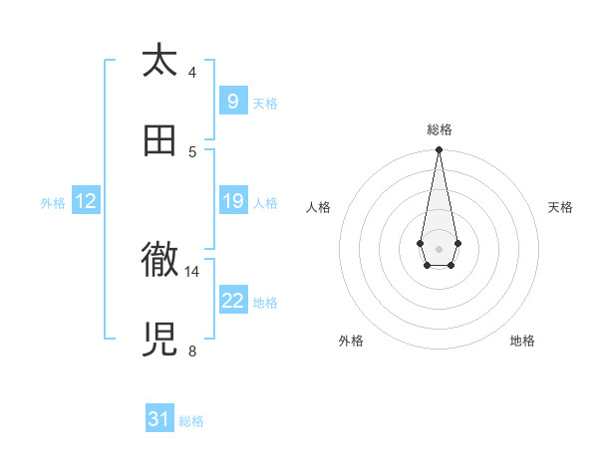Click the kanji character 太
pyautogui.click(x=159, y=61)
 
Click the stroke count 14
pyautogui.click(x=192, y=271)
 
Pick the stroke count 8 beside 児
pyautogui.click(x=192, y=351)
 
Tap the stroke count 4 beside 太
pyautogui.click(x=192, y=72)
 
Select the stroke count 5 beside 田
pyautogui.click(x=192, y=151)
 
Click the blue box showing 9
pyautogui.click(x=232, y=102)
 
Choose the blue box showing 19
pyautogui.click(x=232, y=201)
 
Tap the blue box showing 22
pyautogui.click(x=232, y=301)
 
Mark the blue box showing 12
pyautogui.click(x=86, y=201)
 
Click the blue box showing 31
pyautogui.click(x=158, y=419)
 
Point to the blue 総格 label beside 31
pyautogui.click(x=191, y=421)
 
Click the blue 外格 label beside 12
pyautogui.click(x=53, y=203)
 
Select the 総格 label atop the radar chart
pyautogui.click(x=439, y=129)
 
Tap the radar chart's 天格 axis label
pyautogui.click(x=560, y=207)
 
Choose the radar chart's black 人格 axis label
pyautogui.click(x=318, y=207)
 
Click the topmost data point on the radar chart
pyautogui.click(x=439, y=149)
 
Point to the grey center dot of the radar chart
pyautogui.click(x=439, y=248)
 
